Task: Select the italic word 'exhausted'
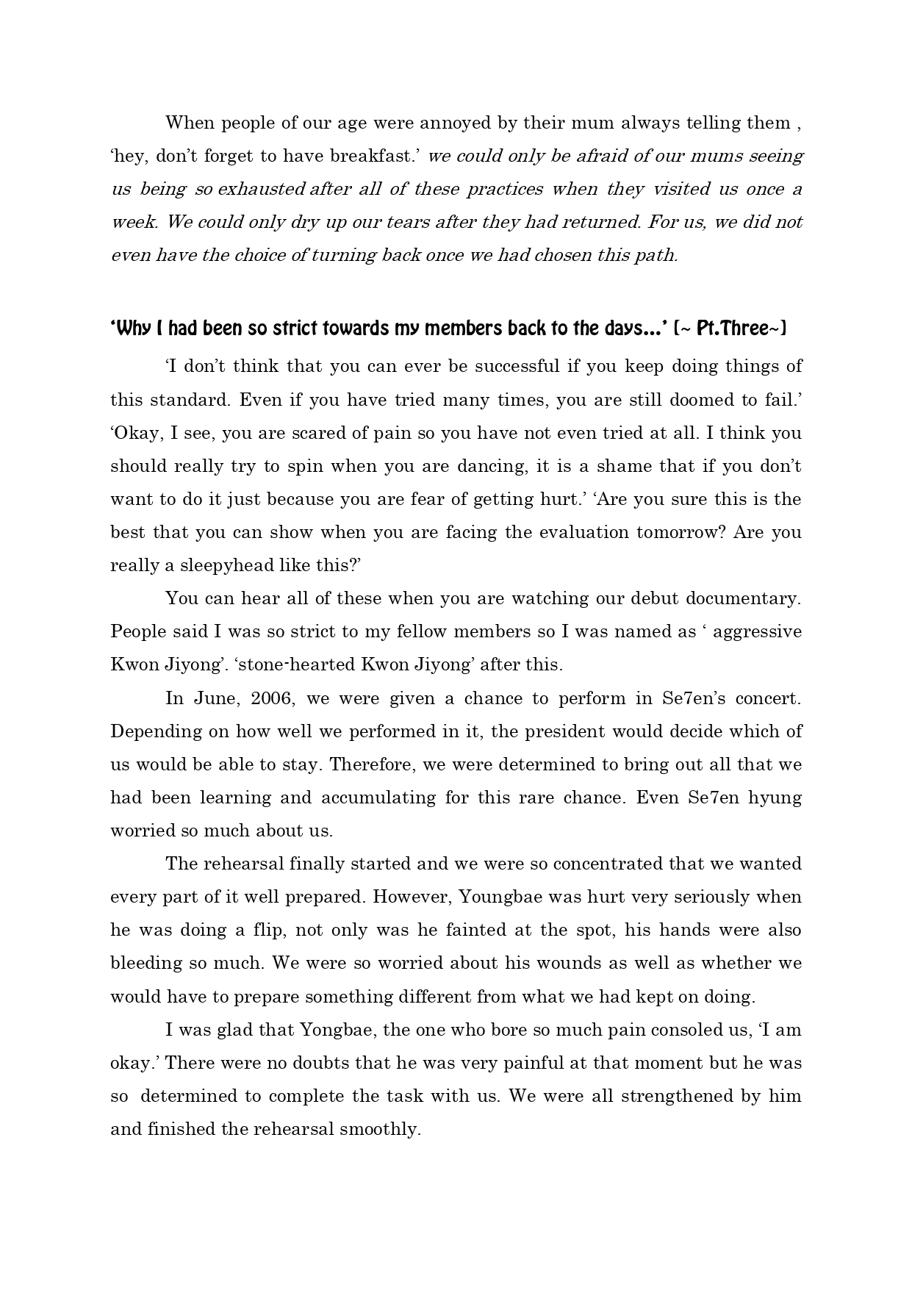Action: (261, 189)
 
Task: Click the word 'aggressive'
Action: (757, 631)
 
